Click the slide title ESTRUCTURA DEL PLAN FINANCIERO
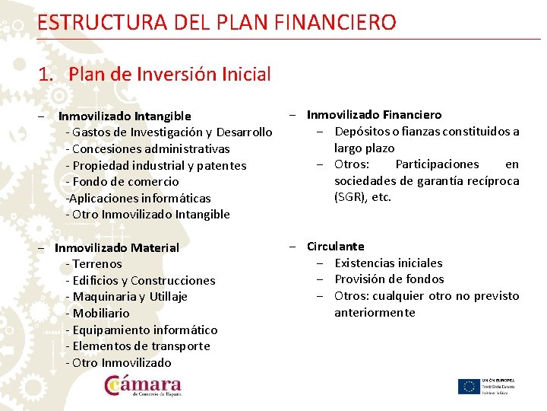pyautogui.click(x=217, y=22)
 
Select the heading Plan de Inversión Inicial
pyautogui.click(x=154, y=75)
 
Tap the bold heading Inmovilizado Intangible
pyautogui.click(x=125, y=116)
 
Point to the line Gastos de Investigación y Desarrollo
pyautogui.click(x=169, y=132)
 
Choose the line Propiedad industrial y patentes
pyautogui.click(x=156, y=165)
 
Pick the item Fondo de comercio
pyautogui.click(x=122, y=181)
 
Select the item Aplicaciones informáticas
pyautogui.click(x=138, y=198)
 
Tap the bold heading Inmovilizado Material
pyautogui.click(x=117, y=247)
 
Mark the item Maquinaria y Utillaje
pyautogui.click(x=126, y=297)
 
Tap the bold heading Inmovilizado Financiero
pyautogui.click(x=374, y=115)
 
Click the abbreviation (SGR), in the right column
pyautogui.click(x=352, y=197)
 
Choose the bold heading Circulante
pyautogui.click(x=336, y=247)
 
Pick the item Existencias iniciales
pyautogui.click(x=388, y=263)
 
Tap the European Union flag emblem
pyautogui.click(x=468, y=387)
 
